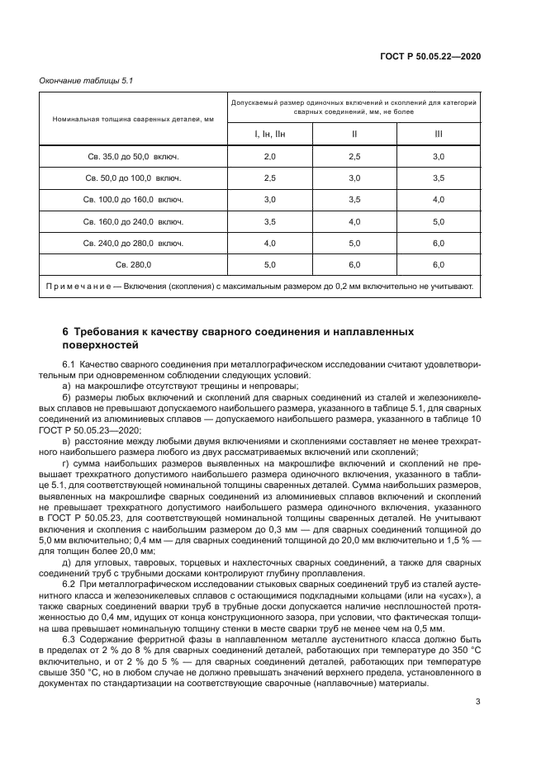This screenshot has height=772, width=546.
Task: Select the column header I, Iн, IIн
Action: click(x=269, y=133)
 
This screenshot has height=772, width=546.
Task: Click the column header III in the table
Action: click(x=438, y=133)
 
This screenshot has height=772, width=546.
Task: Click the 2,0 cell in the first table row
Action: click(x=269, y=156)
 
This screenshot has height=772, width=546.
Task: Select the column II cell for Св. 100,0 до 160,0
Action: click(x=354, y=200)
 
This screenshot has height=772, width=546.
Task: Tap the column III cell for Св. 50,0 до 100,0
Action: click(x=438, y=178)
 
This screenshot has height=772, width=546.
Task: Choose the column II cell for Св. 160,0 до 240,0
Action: click(x=354, y=221)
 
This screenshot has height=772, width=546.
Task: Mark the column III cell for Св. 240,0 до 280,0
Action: click(x=438, y=243)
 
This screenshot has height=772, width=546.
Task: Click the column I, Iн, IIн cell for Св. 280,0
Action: click(x=269, y=264)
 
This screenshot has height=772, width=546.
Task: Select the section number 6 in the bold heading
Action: click(x=66, y=331)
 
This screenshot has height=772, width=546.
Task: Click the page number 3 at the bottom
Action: click(x=478, y=702)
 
